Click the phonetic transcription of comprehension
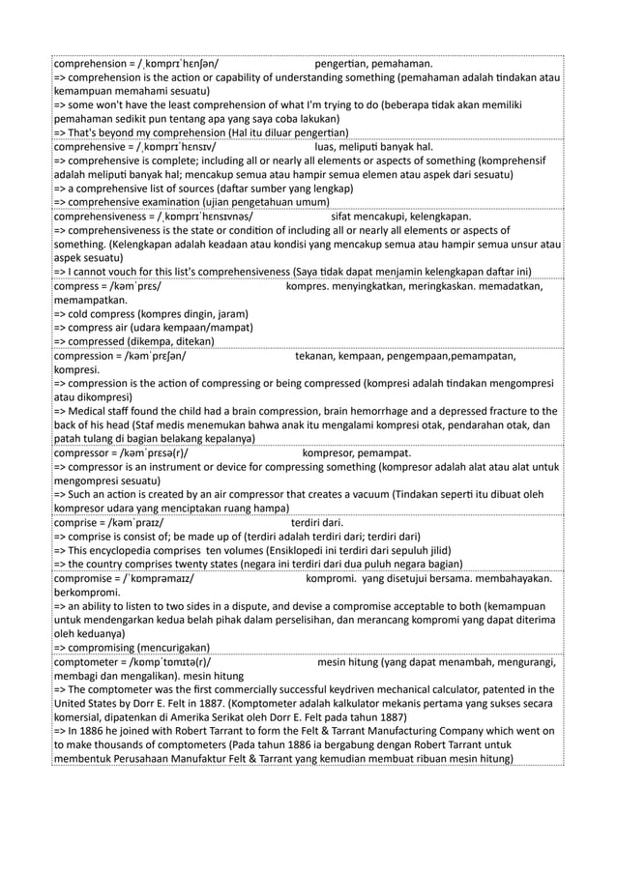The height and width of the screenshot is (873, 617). [180, 63]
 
